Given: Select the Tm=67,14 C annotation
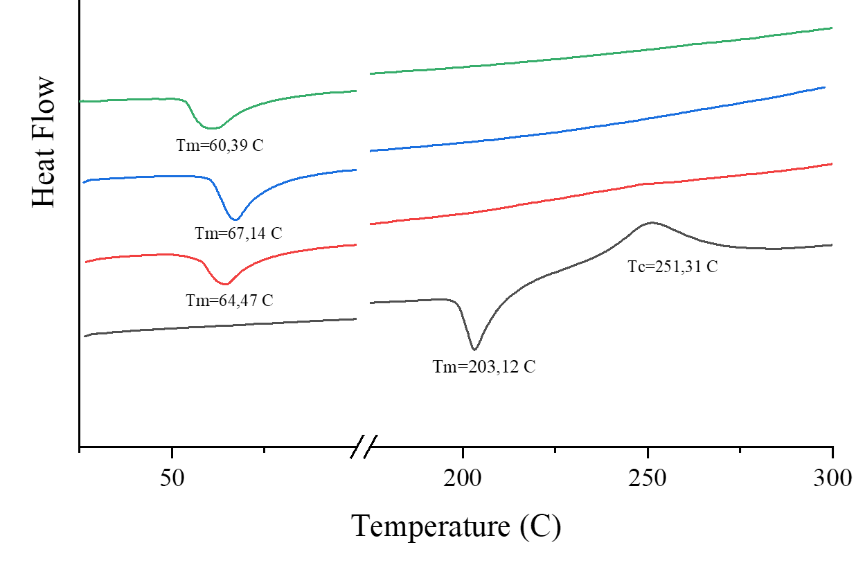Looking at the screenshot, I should point(238,233).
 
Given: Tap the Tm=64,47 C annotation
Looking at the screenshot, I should point(229,301).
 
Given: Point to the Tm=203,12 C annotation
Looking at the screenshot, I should point(484,367).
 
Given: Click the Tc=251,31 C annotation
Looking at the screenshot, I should point(672,267).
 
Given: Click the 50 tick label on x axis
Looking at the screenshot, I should point(172,477).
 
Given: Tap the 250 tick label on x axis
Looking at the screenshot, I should point(648,477).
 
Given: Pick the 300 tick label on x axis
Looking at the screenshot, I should point(832,477).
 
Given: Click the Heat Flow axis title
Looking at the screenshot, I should point(44,142).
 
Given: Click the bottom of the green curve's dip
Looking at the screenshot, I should point(211,128).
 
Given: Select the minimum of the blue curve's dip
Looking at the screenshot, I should point(235,219).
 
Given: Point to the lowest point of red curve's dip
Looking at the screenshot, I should point(224,284).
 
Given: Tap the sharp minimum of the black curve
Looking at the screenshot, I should point(474,350).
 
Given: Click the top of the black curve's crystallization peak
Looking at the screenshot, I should point(651,222).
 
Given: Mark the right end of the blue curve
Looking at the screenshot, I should point(825,87).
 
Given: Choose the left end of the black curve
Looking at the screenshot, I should point(84,337).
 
